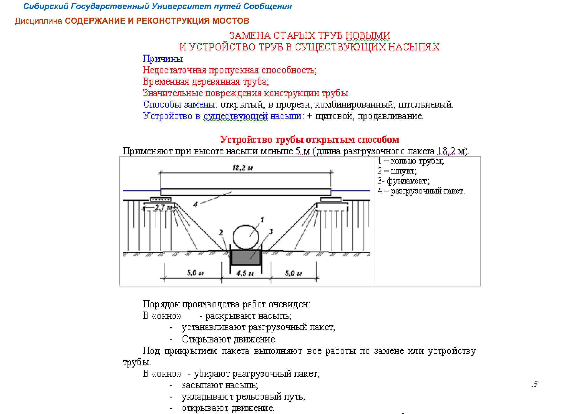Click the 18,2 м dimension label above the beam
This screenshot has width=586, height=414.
coord(242,168)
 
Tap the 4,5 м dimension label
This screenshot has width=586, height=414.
coord(245,274)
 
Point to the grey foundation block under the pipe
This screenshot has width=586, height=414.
coord(246,257)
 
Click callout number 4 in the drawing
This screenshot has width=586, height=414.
coord(195,204)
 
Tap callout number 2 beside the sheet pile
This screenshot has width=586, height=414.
coord(221,232)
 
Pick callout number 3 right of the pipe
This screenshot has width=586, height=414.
coord(271,231)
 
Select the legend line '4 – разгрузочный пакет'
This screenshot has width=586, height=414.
coord(421,191)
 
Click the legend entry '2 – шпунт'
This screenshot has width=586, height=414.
coord(397,171)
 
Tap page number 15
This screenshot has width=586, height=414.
coord(534,384)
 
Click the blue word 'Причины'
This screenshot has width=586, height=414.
coord(163,59)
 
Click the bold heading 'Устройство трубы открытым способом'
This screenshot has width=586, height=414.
coord(310,140)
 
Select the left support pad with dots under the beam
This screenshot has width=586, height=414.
coord(160,199)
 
